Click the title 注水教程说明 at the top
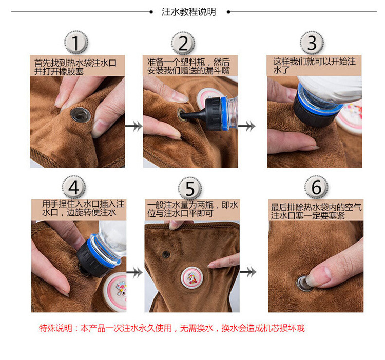click(188, 12)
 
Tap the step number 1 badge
click(76, 43)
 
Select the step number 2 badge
click(183, 43)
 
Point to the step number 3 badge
click(312, 43)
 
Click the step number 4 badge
click(73, 187)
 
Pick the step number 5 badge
click(190, 188)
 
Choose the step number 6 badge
click(316, 187)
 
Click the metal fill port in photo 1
click(80, 115)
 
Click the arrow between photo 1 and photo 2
click(133, 126)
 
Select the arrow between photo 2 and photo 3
click(247, 126)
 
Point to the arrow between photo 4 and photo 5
click(134, 272)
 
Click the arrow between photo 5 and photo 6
click(248, 272)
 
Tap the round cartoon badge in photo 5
click(192, 278)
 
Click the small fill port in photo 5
click(166, 254)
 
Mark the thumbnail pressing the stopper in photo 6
click(318, 276)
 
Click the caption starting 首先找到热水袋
click(75, 67)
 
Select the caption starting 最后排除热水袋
click(316, 211)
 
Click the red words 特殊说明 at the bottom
click(55, 328)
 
